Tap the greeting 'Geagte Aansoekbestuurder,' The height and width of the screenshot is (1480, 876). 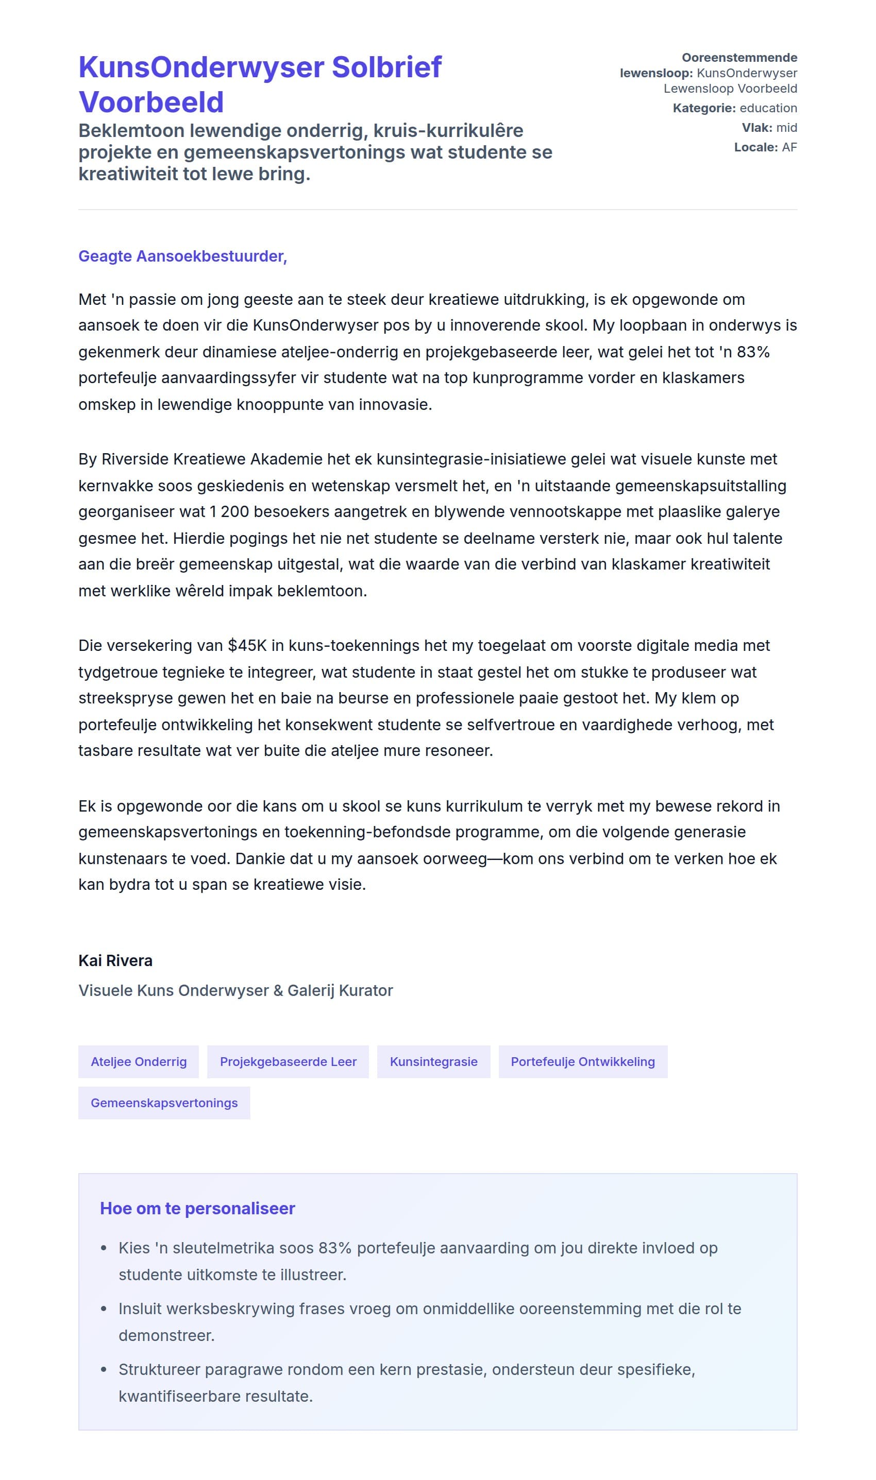(182, 256)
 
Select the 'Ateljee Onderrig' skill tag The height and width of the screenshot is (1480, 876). (139, 1061)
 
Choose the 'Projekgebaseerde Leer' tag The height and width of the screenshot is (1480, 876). (288, 1061)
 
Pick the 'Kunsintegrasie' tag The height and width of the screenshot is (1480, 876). (433, 1061)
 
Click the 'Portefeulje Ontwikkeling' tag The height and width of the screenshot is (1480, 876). (583, 1061)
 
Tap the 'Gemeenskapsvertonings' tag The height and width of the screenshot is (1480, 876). (164, 1103)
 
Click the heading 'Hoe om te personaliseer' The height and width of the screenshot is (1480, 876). (197, 1208)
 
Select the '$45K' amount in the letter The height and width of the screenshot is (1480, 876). (247, 645)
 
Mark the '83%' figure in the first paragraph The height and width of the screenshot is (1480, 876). (753, 352)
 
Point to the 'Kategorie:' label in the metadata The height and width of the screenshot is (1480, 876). (703, 108)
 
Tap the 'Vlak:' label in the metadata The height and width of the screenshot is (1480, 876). (757, 127)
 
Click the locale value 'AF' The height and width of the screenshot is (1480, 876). (789, 147)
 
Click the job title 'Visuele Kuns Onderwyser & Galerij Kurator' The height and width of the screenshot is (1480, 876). (235, 990)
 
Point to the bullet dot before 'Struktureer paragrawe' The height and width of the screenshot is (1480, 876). (104, 1370)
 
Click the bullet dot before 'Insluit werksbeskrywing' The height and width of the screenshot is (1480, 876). (104, 1309)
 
